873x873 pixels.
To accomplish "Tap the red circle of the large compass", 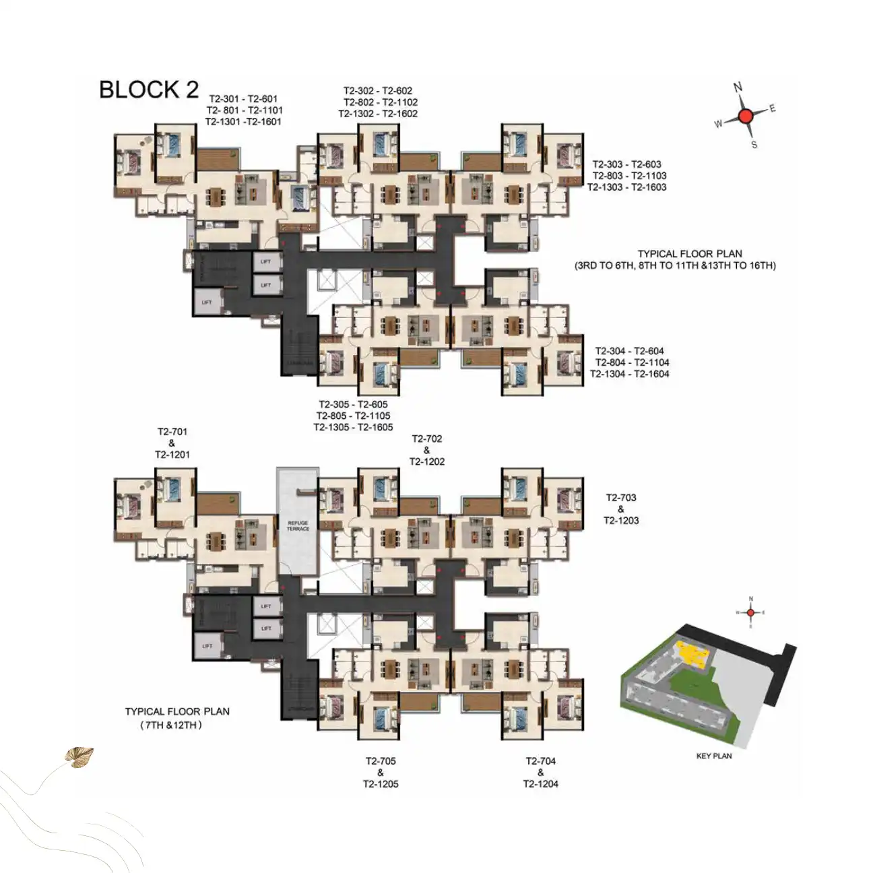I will point(745,116).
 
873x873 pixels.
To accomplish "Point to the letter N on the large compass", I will point(738,87).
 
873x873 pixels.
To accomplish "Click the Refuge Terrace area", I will point(297,525).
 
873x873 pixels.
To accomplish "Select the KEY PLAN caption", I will point(713,756).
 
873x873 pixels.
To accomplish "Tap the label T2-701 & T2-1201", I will point(172,443).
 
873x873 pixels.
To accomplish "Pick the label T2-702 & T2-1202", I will point(427,450).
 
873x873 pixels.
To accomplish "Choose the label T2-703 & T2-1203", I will point(620,509).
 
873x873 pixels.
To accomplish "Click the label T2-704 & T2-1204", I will point(540,772).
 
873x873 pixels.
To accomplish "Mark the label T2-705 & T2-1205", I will point(381,772).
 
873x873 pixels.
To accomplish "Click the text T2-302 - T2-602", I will point(378,90).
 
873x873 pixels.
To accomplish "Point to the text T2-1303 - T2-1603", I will point(626,187).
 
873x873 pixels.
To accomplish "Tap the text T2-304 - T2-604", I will point(629,350).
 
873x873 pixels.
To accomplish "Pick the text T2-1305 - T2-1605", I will point(353,427).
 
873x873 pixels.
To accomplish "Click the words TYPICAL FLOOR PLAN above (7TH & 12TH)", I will point(177,711).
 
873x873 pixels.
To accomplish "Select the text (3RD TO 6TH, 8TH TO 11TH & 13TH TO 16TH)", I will point(675,265).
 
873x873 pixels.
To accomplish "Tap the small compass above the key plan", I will point(751,612).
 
